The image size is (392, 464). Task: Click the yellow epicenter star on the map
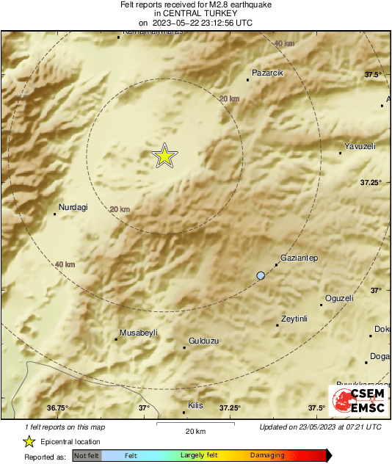pyautogui.click(x=164, y=156)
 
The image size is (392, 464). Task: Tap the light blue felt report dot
pyautogui.click(x=261, y=275)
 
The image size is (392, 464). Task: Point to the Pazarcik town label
pyautogui.click(x=267, y=73)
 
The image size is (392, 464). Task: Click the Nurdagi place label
pyautogui.click(x=73, y=207)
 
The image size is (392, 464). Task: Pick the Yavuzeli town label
pyautogui.click(x=360, y=146)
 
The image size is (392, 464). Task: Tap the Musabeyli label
pyautogui.click(x=139, y=333)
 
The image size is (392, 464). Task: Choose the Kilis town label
pyautogui.click(x=195, y=405)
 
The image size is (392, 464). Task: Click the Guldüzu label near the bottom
pyautogui.click(x=205, y=341)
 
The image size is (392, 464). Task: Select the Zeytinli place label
pyautogui.click(x=294, y=319)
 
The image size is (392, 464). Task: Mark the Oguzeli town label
pyautogui.click(x=339, y=298)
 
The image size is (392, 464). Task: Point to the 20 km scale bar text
pyautogui.click(x=195, y=430)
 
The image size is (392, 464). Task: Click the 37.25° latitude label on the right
pyautogui.click(x=371, y=182)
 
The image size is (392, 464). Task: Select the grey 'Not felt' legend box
pyautogui.click(x=87, y=455)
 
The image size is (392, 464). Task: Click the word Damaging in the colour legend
pyautogui.click(x=267, y=455)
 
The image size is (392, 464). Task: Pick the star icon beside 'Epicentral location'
pyautogui.click(x=29, y=441)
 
